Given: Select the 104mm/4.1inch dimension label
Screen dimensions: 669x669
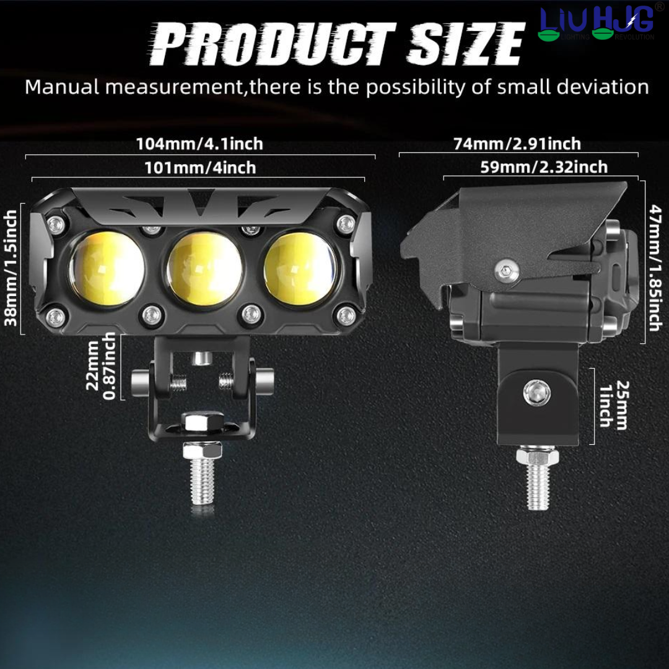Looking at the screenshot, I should [199, 144].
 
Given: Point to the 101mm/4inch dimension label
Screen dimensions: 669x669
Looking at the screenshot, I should [199, 168].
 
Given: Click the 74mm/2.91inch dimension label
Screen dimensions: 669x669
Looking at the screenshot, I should [517, 144].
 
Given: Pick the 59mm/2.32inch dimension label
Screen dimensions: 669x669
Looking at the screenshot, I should [544, 167].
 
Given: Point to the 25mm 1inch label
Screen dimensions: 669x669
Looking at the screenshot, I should [612, 404].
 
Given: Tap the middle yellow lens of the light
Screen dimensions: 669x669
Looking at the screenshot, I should [205, 269].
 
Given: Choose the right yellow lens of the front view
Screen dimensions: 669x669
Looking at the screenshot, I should [300, 269].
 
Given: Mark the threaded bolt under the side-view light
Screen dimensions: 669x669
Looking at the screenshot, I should [538, 483].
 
